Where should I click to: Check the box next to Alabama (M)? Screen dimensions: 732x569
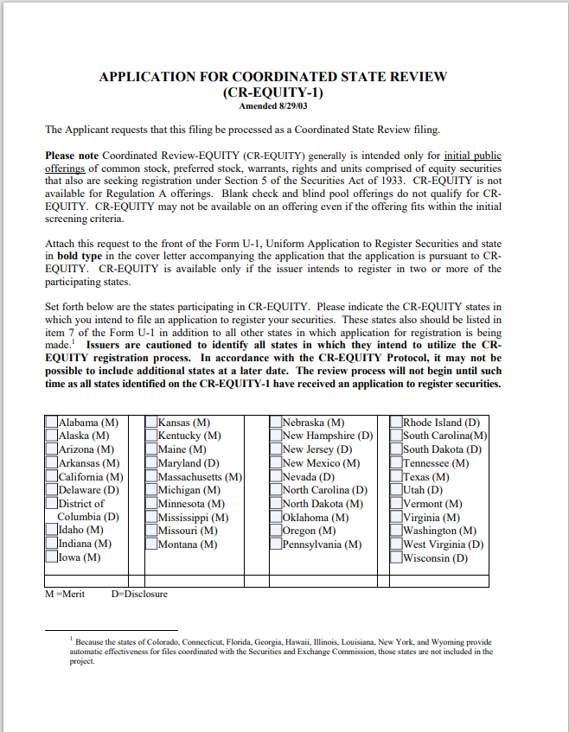click(51, 423)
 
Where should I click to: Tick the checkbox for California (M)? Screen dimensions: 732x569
click(51, 476)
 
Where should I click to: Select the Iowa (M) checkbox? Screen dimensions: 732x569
click(51, 557)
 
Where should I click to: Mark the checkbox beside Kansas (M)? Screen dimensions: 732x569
click(151, 423)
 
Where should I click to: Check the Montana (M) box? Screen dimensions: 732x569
click(151, 544)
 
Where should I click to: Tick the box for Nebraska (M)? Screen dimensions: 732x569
click(276, 423)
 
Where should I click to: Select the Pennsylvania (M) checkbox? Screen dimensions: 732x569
click(276, 544)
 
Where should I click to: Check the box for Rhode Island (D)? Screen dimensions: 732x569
click(397, 423)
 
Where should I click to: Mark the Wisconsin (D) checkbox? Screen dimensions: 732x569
click(397, 557)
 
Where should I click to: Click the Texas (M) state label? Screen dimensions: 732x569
click(426, 477)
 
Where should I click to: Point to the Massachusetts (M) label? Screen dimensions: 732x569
click(200, 477)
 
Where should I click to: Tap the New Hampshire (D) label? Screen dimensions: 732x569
click(327, 436)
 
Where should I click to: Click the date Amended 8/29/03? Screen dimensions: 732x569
click(272, 105)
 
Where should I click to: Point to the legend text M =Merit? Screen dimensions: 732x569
click(65, 594)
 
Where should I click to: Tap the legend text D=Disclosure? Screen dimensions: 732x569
click(139, 594)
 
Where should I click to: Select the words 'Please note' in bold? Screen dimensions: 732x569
click(73, 156)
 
